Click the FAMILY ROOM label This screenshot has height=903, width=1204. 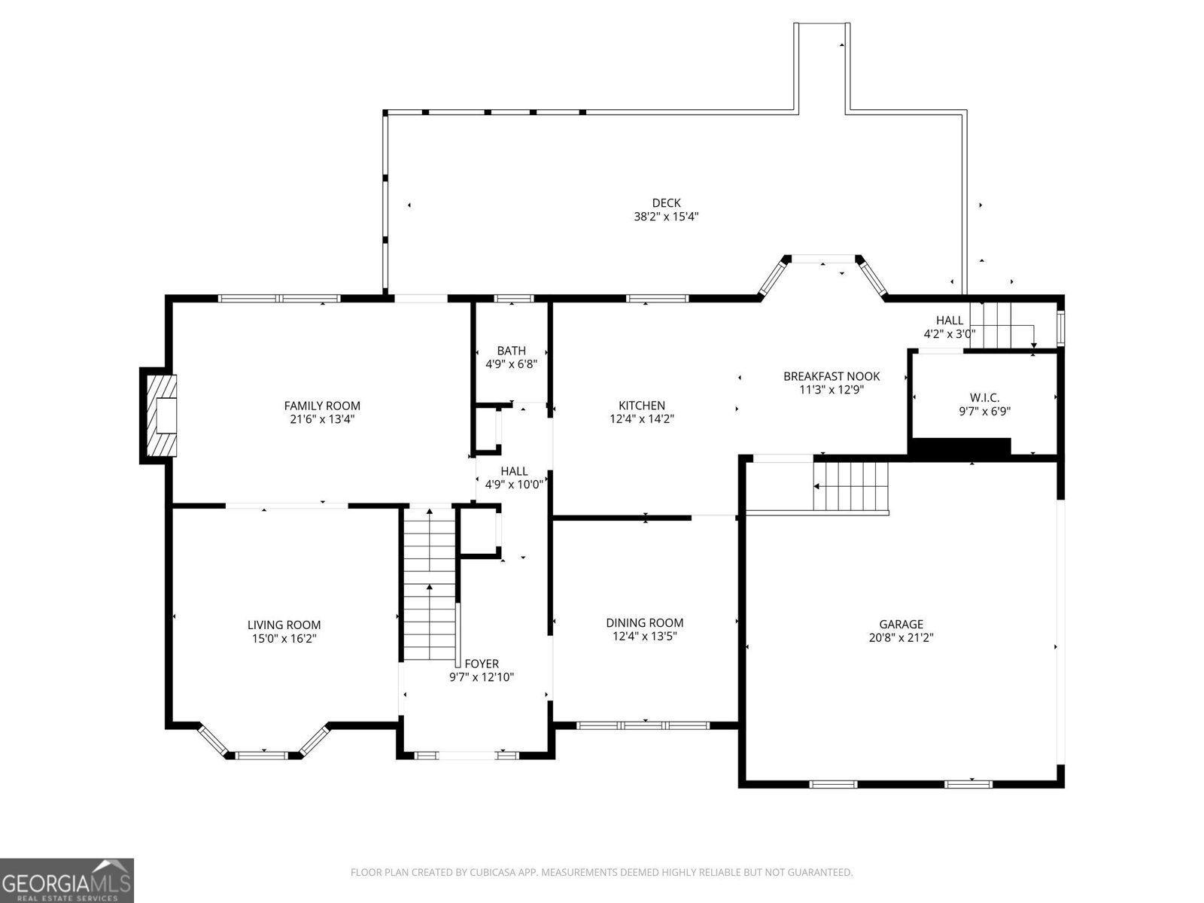(321, 406)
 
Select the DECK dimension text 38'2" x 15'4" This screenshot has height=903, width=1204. (666, 217)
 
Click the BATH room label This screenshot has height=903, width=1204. (511, 351)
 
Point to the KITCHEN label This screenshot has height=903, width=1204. (641, 406)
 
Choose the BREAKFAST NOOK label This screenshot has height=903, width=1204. (831, 376)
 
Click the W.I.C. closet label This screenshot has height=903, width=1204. (984, 397)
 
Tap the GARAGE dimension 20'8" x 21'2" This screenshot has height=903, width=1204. (901, 637)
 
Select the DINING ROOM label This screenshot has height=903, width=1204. (645, 622)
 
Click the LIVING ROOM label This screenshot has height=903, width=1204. (284, 625)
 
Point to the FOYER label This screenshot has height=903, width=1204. (481, 664)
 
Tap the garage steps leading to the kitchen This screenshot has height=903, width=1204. (851, 487)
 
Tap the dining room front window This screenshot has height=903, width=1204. (643, 725)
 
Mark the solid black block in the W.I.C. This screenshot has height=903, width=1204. (959, 447)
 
